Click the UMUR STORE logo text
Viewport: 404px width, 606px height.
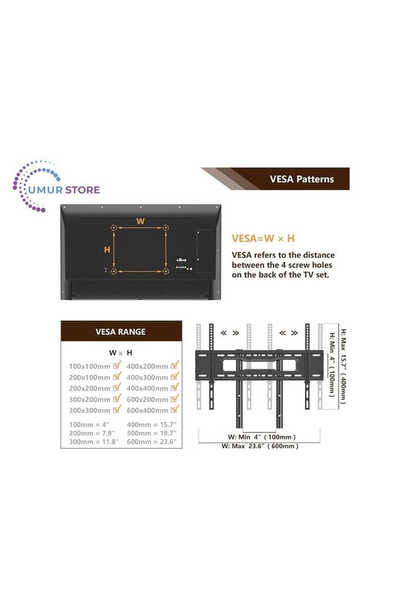pyautogui.click(x=65, y=190)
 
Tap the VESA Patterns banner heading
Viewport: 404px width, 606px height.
pyautogui.click(x=301, y=179)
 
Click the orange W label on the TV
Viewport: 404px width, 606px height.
pyautogui.click(x=140, y=221)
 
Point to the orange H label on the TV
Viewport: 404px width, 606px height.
pyautogui.click(x=107, y=250)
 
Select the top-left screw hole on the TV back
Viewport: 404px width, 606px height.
pyautogui.click(x=114, y=228)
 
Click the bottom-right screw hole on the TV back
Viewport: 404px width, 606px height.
pyautogui.click(x=166, y=271)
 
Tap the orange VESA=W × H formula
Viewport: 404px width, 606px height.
pyautogui.click(x=263, y=238)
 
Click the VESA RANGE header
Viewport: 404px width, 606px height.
pyautogui.click(x=121, y=331)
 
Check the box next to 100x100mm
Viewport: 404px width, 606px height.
pyautogui.click(x=117, y=365)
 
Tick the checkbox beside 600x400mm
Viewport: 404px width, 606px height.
pyautogui.click(x=175, y=409)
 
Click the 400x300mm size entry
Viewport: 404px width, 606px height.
pyautogui.click(x=147, y=377)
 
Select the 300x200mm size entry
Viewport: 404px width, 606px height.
pyautogui.click(x=90, y=399)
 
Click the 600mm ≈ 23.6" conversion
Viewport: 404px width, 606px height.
pyautogui.click(x=151, y=441)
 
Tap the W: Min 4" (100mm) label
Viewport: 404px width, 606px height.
pyautogui.click(x=261, y=437)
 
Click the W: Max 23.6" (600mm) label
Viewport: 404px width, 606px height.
pyautogui.click(x=260, y=446)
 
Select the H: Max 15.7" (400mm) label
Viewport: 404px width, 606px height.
pyautogui.click(x=344, y=366)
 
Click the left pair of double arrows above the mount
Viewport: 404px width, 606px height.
pyautogui.click(x=229, y=333)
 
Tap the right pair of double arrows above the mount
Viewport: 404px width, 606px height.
pyautogui.click(x=288, y=333)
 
